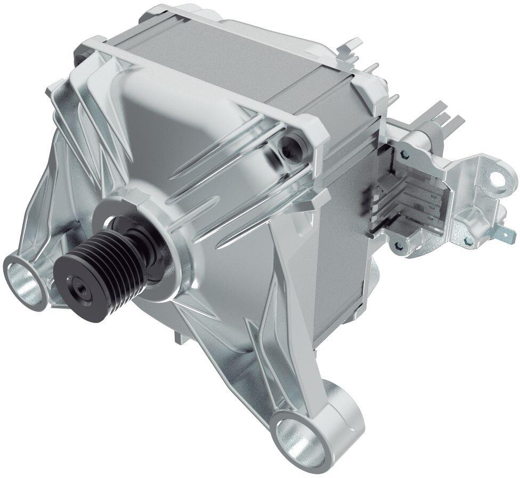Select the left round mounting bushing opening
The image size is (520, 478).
coord(22,278)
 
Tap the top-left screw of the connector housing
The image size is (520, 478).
coord(404,155)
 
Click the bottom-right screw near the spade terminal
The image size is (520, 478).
coord(468,242)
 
